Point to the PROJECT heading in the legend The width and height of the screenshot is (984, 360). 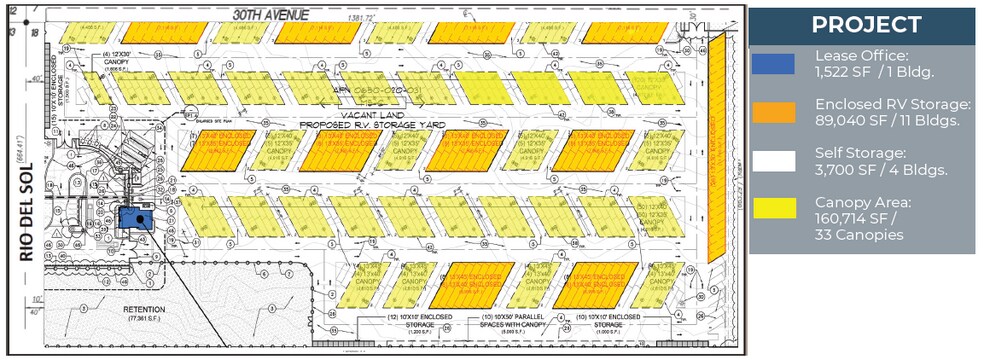(866, 25)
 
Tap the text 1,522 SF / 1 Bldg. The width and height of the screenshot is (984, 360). (872, 72)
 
